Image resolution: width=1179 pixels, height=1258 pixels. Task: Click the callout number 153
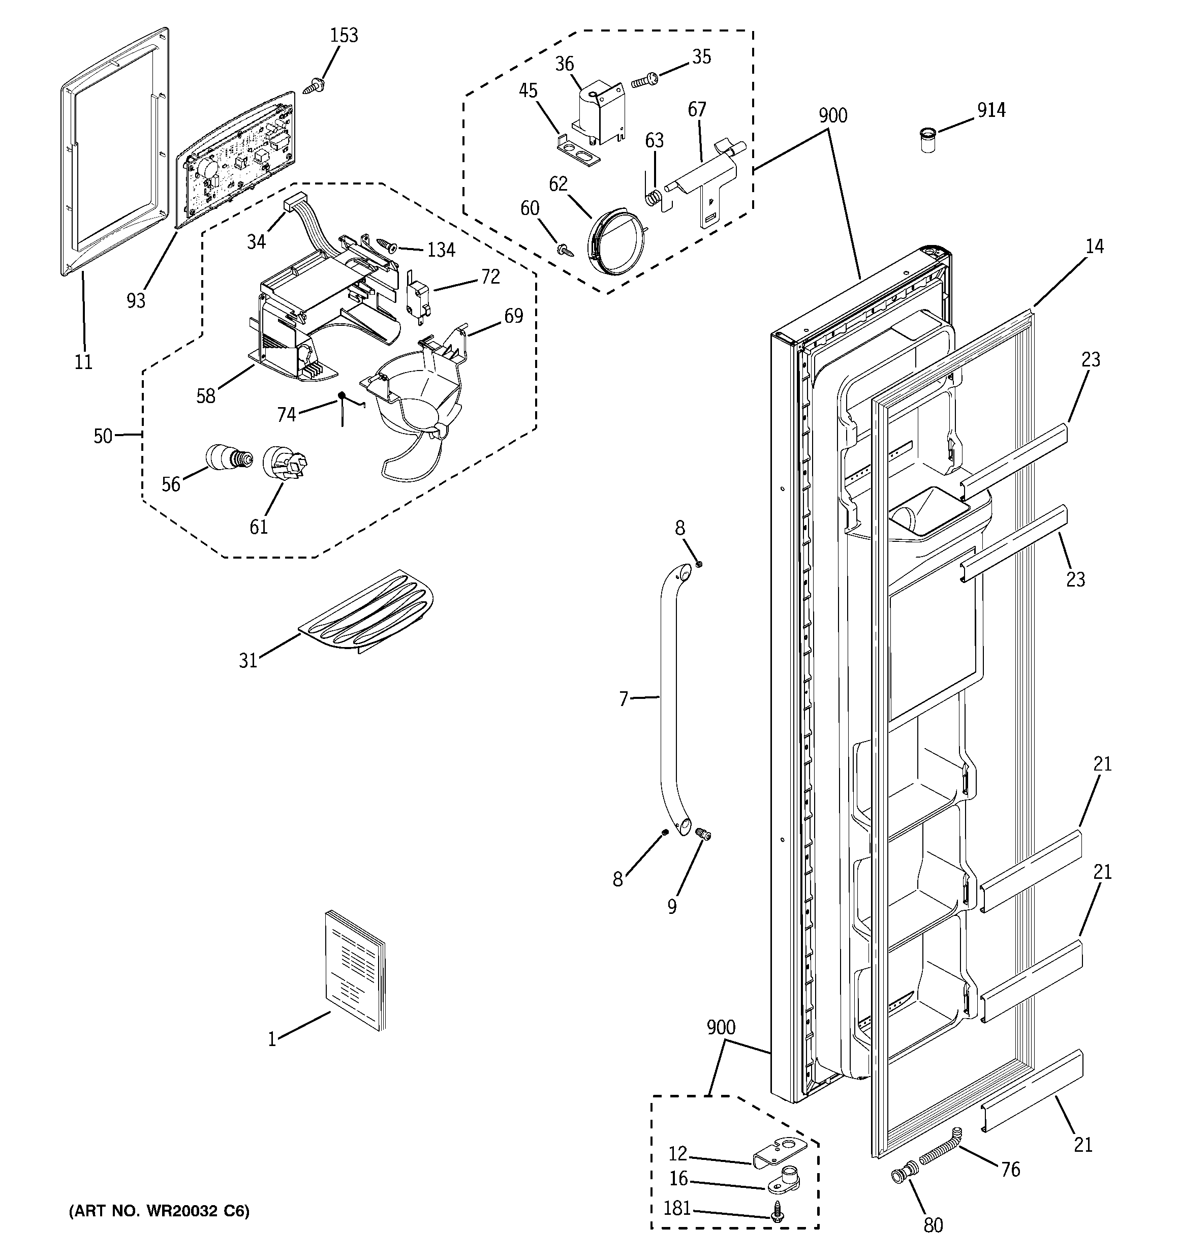[x=344, y=36]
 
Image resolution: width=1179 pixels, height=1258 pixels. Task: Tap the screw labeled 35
[x=645, y=80]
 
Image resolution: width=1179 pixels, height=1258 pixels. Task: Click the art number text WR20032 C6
[x=159, y=1211]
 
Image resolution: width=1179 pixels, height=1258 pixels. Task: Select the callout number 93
[x=136, y=300]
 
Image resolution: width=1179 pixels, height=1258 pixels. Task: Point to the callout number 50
[x=103, y=436]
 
